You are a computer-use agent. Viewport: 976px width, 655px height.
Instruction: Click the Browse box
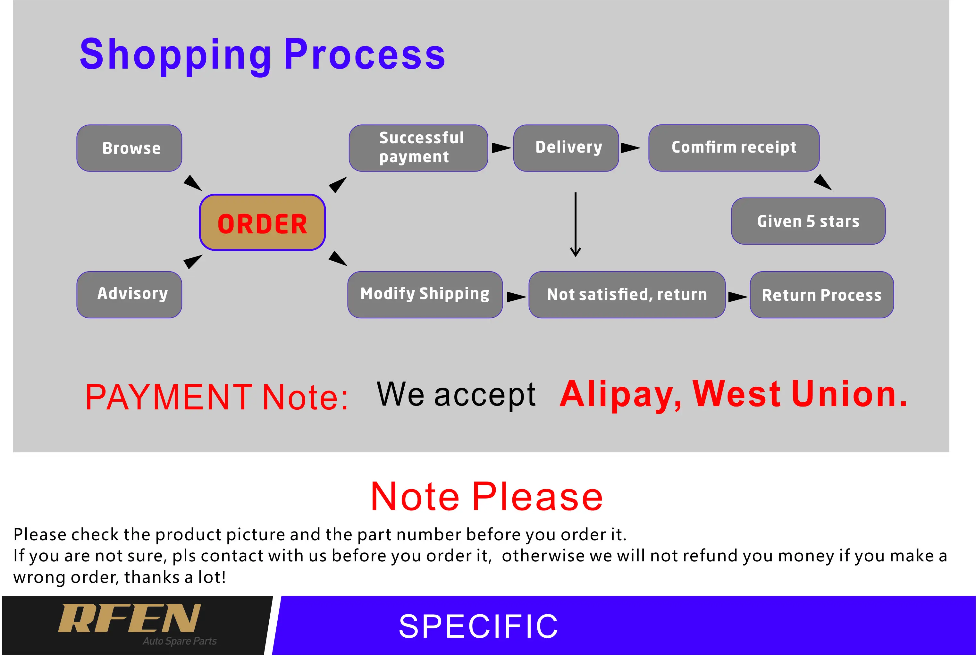pos(129,148)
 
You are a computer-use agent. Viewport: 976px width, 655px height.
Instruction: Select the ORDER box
pos(262,223)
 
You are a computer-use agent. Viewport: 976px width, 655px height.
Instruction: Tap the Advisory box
pos(129,295)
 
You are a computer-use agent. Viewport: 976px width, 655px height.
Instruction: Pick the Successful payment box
pos(418,148)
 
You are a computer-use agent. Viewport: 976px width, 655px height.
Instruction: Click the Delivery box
pos(566,148)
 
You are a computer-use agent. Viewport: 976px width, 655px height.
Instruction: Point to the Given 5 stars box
pos(808,221)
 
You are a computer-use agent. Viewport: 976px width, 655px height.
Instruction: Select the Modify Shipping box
pos(425,295)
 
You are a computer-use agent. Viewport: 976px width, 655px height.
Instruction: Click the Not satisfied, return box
pos(627,295)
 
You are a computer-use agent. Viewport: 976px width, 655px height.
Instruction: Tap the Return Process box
pos(821,295)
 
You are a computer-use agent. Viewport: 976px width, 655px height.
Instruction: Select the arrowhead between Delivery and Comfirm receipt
pos(629,147)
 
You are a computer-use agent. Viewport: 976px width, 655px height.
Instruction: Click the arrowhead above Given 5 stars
pos(822,182)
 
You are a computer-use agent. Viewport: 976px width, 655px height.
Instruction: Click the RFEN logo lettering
pos(130,618)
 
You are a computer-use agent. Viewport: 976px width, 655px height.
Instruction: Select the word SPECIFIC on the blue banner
pos(478,626)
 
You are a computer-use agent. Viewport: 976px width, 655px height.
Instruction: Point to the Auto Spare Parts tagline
pos(180,641)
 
